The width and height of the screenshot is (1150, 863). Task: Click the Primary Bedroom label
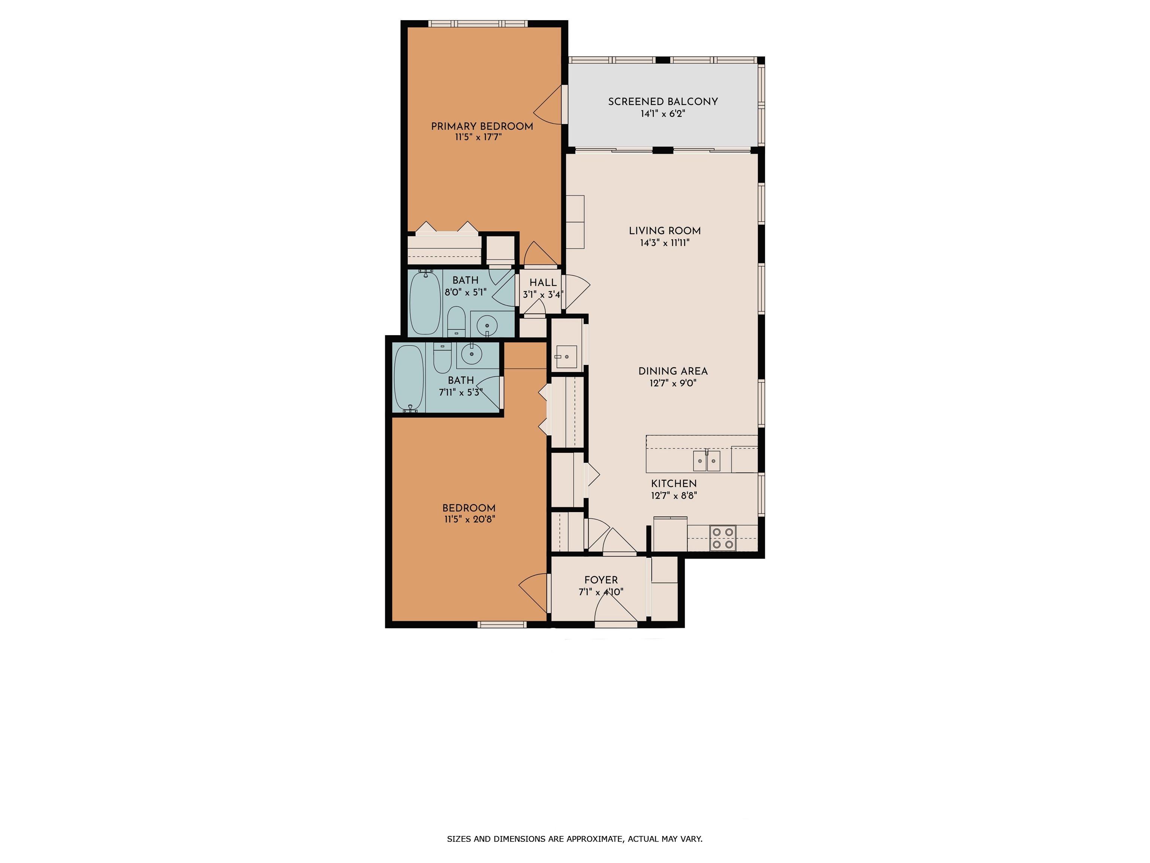pyautogui.click(x=482, y=126)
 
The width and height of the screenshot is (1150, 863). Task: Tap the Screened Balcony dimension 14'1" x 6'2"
pyautogui.click(x=663, y=113)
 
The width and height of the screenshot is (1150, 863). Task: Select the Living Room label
pyautogui.click(x=664, y=230)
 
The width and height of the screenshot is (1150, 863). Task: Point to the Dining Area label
pyautogui.click(x=673, y=371)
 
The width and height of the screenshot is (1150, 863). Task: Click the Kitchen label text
pyautogui.click(x=674, y=483)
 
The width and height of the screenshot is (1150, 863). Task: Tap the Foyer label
pyautogui.click(x=601, y=580)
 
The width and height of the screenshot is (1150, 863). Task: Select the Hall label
pyautogui.click(x=543, y=282)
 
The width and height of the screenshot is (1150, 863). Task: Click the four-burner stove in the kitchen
pyautogui.click(x=722, y=538)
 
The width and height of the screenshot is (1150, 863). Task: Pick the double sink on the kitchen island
pyautogui.click(x=706, y=461)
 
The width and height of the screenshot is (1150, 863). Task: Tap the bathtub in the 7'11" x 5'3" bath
pyautogui.click(x=409, y=379)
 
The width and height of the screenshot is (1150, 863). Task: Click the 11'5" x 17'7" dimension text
pyautogui.click(x=478, y=137)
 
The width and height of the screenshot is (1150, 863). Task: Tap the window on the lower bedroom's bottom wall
pyautogui.click(x=502, y=625)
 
